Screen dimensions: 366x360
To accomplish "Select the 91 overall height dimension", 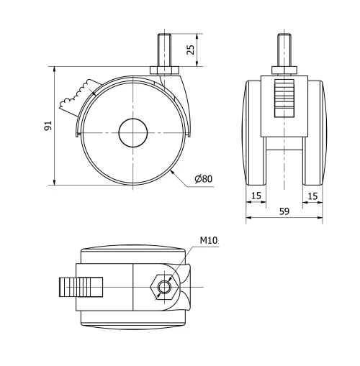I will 47,126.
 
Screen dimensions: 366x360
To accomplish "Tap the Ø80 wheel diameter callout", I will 204,179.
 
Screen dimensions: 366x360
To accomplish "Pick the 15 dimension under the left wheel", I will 256,196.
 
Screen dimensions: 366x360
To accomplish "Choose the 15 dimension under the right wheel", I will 312,196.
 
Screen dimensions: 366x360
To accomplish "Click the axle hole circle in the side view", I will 133,133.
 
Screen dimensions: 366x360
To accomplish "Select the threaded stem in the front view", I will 284,51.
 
